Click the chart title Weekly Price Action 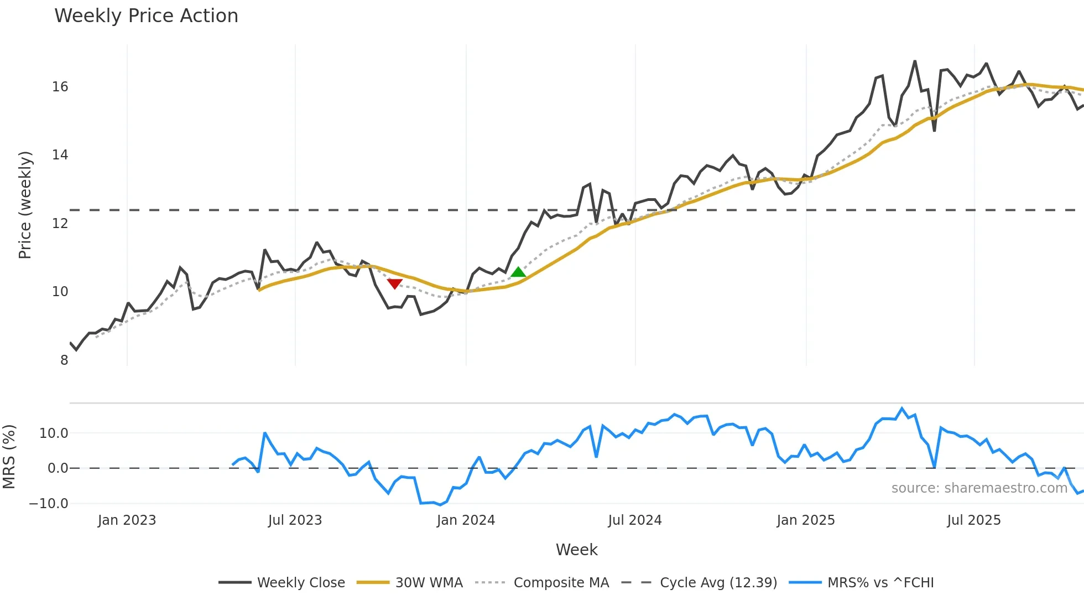(146, 16)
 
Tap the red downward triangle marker (394, 284)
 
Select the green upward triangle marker (518, 272)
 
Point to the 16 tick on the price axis (60, 87)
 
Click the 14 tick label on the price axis (60, 155)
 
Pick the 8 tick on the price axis (64, 360)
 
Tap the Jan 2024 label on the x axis (466, 520)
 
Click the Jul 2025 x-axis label (974, 520)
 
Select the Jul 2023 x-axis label (295, 520)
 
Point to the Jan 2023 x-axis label (127, 520)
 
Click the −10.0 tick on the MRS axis (49, 504)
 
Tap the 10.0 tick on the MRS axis (54, 433)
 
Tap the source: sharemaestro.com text (979, 488)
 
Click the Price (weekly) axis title (25, 205)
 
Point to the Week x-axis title (576, 550)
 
